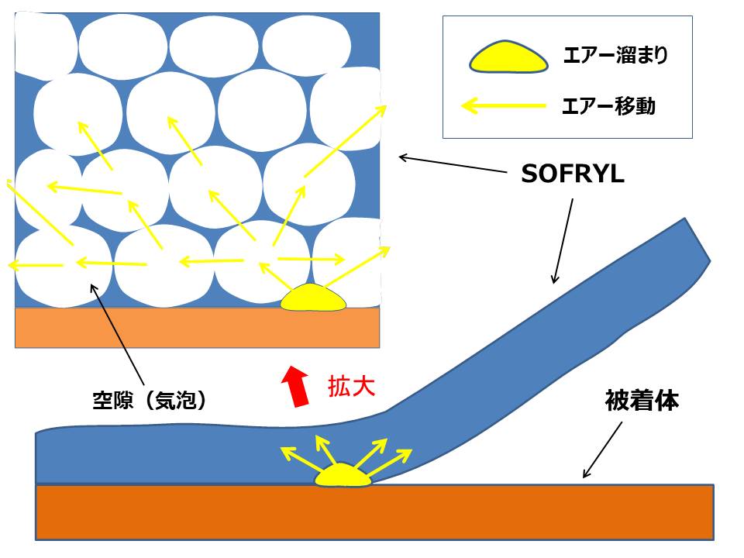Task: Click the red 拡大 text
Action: [352, 387]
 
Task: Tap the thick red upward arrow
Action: [296, 386]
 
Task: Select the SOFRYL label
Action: [573, 174]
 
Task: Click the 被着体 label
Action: [642, 401]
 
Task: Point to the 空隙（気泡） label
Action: [150, 401]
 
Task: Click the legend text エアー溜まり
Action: [616, 55]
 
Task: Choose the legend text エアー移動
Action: [609, 105]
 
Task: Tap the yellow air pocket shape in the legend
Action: [508, 57]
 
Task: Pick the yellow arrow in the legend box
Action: [504, 105]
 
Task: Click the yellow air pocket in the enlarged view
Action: [313, 298]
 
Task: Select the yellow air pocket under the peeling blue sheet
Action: [343, 475]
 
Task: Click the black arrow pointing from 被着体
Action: [602, 449]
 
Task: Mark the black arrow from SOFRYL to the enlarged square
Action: [453, 164]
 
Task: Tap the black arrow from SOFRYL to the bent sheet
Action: [563, 241]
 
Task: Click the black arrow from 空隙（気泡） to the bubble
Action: [117, 335]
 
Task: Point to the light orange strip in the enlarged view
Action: [198, 328]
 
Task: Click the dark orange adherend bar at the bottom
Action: [375, 512]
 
